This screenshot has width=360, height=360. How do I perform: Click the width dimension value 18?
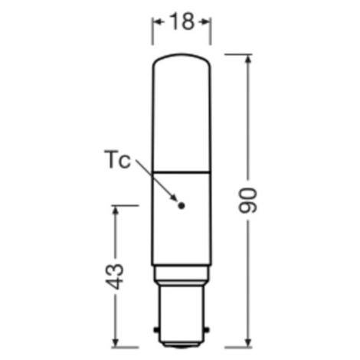pyautogui.click(x=182, y=21)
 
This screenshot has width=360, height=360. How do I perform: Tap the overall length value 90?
pyautogui.click(x=247, y=200)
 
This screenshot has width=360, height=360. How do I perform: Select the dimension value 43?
pyautogui.click(x=114, y=277)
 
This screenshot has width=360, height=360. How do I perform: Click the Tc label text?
pyautogui.click(x=117, y=159)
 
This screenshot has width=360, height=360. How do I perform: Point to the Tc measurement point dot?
pyautogui.click(x=182, y=205)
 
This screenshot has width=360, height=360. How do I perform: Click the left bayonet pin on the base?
pyautogui.click(x=155, y=330)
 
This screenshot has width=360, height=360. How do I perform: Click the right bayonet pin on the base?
pyautogui.click(x=208, y=330)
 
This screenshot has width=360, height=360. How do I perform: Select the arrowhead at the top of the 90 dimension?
pyautogui.click(x=248, y=61)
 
